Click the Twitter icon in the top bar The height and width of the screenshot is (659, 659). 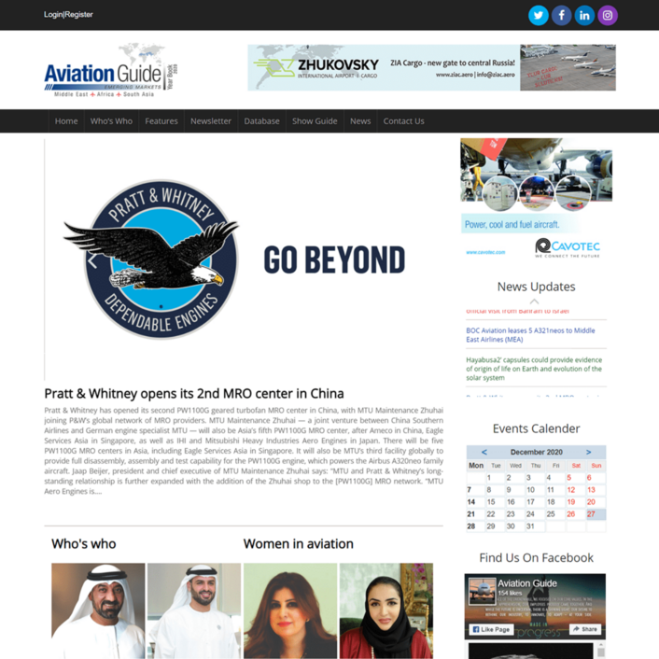[x=539, y=15]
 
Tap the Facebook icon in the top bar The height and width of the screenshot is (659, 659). [x=561, y=15]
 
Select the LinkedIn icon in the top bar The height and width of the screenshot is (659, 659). [x=584, y=15]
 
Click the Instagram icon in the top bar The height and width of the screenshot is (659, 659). [x=608, y=15]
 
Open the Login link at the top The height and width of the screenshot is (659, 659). [x=52, y=15]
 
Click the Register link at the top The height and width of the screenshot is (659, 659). [x=79, y=15]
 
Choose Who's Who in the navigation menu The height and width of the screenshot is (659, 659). [x=111, y=121]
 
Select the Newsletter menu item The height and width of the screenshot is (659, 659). [x=211, y=121]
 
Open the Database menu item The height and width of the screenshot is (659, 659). [x=261, y=121]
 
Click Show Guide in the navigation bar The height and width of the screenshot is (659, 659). [x=315, y=121]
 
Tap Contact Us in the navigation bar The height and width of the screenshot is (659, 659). [x=403, y=121]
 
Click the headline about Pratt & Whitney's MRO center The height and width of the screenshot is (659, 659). [x=194, y=393]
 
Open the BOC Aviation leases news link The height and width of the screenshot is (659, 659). [x=530, y=335]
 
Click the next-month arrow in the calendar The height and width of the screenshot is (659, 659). [x=588, y=452]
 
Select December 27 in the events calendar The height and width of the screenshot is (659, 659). [x=591, y=514]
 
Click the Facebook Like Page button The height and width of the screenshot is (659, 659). [x=491, y=629]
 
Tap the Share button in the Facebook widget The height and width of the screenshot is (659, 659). [x=585, y=629]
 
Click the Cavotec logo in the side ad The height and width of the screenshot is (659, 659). [x=568, y=247]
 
